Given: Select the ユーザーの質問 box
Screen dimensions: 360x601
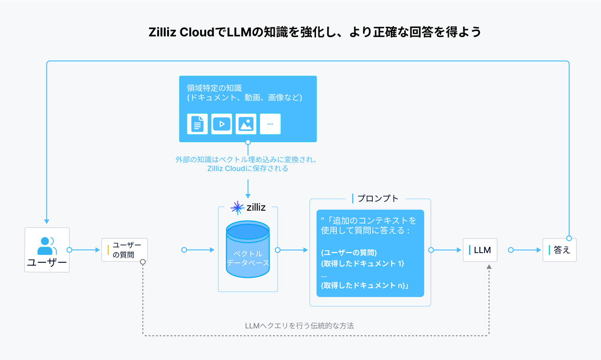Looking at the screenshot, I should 124,250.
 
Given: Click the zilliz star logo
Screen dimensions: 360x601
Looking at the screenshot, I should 237,207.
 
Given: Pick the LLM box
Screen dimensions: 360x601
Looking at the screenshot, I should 480,250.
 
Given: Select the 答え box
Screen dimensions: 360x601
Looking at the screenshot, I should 560,250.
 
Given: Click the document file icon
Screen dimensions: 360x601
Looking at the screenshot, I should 197,124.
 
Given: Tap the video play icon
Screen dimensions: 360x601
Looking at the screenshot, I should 222,124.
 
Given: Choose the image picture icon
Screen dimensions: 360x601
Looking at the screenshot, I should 246,124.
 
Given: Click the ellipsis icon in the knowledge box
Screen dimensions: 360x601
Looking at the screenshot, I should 270,124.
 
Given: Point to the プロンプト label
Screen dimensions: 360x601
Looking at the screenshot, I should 378,199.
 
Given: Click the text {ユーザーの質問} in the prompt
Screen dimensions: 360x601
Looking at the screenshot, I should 349,252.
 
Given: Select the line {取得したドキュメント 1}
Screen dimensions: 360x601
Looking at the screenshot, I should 362,263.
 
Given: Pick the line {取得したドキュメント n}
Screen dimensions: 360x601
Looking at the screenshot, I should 364,285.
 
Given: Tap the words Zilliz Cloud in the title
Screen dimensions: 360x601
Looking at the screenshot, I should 181,32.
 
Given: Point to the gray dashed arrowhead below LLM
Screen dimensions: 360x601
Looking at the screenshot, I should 489,267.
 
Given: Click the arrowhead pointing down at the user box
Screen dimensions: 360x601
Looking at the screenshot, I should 46,221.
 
